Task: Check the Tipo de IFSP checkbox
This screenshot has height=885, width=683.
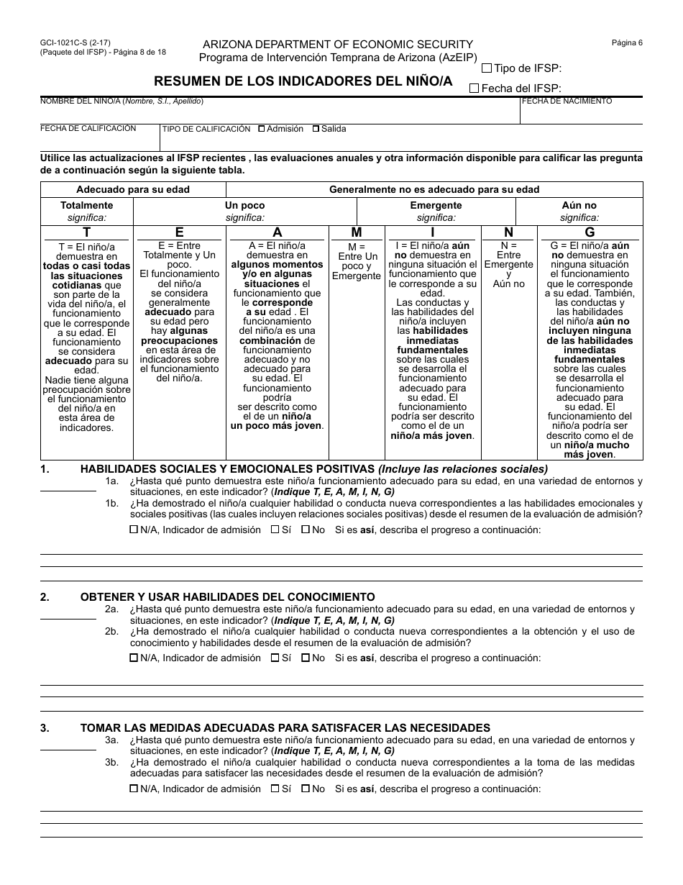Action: [487, 68]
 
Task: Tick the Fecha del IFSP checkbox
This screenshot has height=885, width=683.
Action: [474, 88]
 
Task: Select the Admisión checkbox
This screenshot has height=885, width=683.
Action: [262, 130]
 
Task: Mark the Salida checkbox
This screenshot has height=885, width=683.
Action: [316, 130]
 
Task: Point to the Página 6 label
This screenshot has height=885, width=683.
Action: [627, 42]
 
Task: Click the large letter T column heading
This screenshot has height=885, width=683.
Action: [87, 232]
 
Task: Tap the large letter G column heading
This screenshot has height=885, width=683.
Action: [590, 232]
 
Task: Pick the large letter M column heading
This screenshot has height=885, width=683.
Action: [357, 232]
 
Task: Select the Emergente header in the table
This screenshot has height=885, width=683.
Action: [436, 205]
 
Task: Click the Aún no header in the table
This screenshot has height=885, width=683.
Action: [579, 205]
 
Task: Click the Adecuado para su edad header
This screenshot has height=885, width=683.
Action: [133, 189]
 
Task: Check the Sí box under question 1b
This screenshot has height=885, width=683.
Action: [275, 530]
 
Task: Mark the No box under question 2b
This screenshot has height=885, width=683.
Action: [306, 658]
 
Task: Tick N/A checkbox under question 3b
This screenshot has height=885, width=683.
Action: [134, 789]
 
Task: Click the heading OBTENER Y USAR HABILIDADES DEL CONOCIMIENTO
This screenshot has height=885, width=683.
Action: [227, 596]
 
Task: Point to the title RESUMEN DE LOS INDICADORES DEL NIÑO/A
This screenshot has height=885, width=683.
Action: [303, 81]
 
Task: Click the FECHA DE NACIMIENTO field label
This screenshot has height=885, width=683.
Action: [567, 101]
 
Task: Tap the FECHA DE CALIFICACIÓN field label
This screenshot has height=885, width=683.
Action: [88, 128]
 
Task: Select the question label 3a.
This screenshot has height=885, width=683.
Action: [111, 740]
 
